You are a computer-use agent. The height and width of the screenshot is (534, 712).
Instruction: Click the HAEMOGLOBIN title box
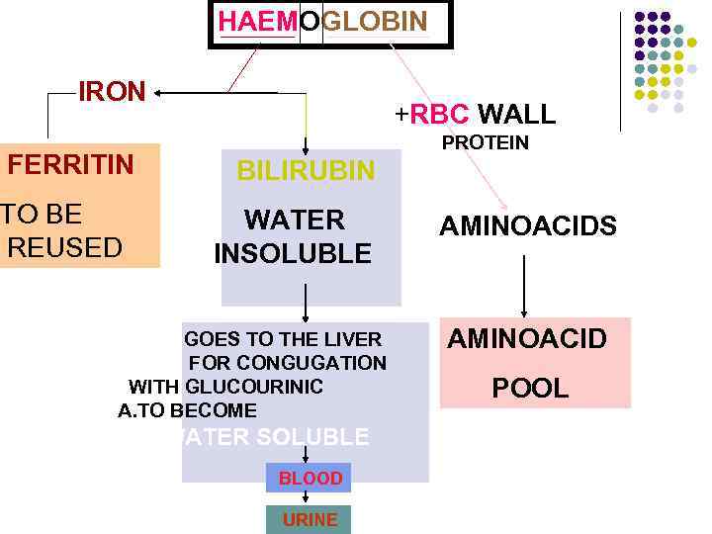329,24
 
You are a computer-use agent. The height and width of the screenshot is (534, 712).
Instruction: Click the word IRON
112,92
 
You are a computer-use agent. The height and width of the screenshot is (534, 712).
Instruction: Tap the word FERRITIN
70,164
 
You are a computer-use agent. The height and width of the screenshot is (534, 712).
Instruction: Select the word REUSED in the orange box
65,246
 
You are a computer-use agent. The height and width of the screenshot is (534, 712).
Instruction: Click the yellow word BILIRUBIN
306,171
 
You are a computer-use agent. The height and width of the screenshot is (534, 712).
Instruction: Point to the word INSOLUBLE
293,254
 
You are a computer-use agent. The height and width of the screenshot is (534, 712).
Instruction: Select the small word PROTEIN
485,143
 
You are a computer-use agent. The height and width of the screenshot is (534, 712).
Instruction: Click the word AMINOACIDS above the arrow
528,227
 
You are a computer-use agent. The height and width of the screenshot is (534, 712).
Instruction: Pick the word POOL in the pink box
530,389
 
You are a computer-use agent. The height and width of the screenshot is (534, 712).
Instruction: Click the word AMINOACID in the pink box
527,340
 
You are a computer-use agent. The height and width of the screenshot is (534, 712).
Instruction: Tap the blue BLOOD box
310,479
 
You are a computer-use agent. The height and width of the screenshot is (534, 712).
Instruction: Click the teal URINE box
309,519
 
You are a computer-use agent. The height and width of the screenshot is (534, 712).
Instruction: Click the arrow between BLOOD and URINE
308,498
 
